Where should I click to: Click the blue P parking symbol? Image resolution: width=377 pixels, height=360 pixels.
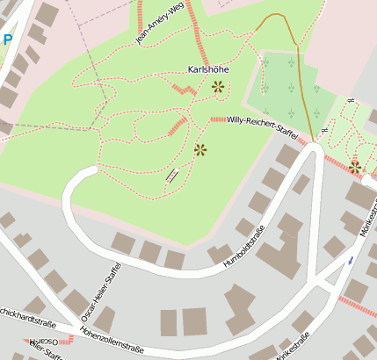(x=7, y=40)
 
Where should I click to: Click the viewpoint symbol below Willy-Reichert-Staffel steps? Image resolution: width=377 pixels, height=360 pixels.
(x=200, y=149)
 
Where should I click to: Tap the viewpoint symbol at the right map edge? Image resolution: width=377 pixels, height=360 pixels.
(x=355, y=166)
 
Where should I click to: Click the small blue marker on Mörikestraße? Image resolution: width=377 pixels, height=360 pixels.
(x=352, y=260)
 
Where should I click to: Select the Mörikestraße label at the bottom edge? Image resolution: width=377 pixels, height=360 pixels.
(x=293, y=347)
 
